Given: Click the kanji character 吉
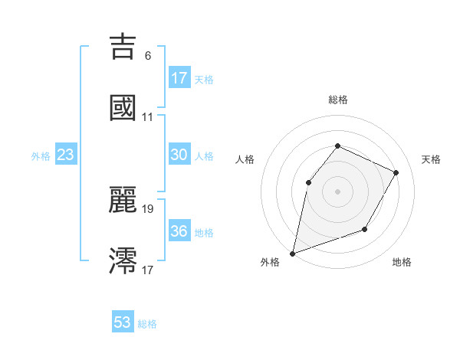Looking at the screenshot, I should coord(123,47).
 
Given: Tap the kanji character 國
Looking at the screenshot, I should coord(123,107).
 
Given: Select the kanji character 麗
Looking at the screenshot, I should coord(123,199).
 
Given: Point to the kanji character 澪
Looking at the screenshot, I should coord(123,260).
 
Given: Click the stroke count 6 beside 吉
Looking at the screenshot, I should coord(148,56).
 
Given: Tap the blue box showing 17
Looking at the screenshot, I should coord(179,78).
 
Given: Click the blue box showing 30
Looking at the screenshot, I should coord(179,155).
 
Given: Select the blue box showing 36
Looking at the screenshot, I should coord(179,231).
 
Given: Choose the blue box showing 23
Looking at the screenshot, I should coord(66,155).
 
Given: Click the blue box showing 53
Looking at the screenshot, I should coord(123,322).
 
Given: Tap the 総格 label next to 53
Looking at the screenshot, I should coord(147,324).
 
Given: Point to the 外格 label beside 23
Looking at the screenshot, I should coord(41,156).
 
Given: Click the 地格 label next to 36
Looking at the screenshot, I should coord(204,233).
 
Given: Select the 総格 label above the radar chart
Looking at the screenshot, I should coord(338,100).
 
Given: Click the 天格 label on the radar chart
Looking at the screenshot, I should coord(431,159).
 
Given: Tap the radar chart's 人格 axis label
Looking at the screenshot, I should coord(245,159).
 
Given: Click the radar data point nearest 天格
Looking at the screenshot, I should coord(396,172).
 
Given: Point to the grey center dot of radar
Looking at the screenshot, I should coord(337,191).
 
